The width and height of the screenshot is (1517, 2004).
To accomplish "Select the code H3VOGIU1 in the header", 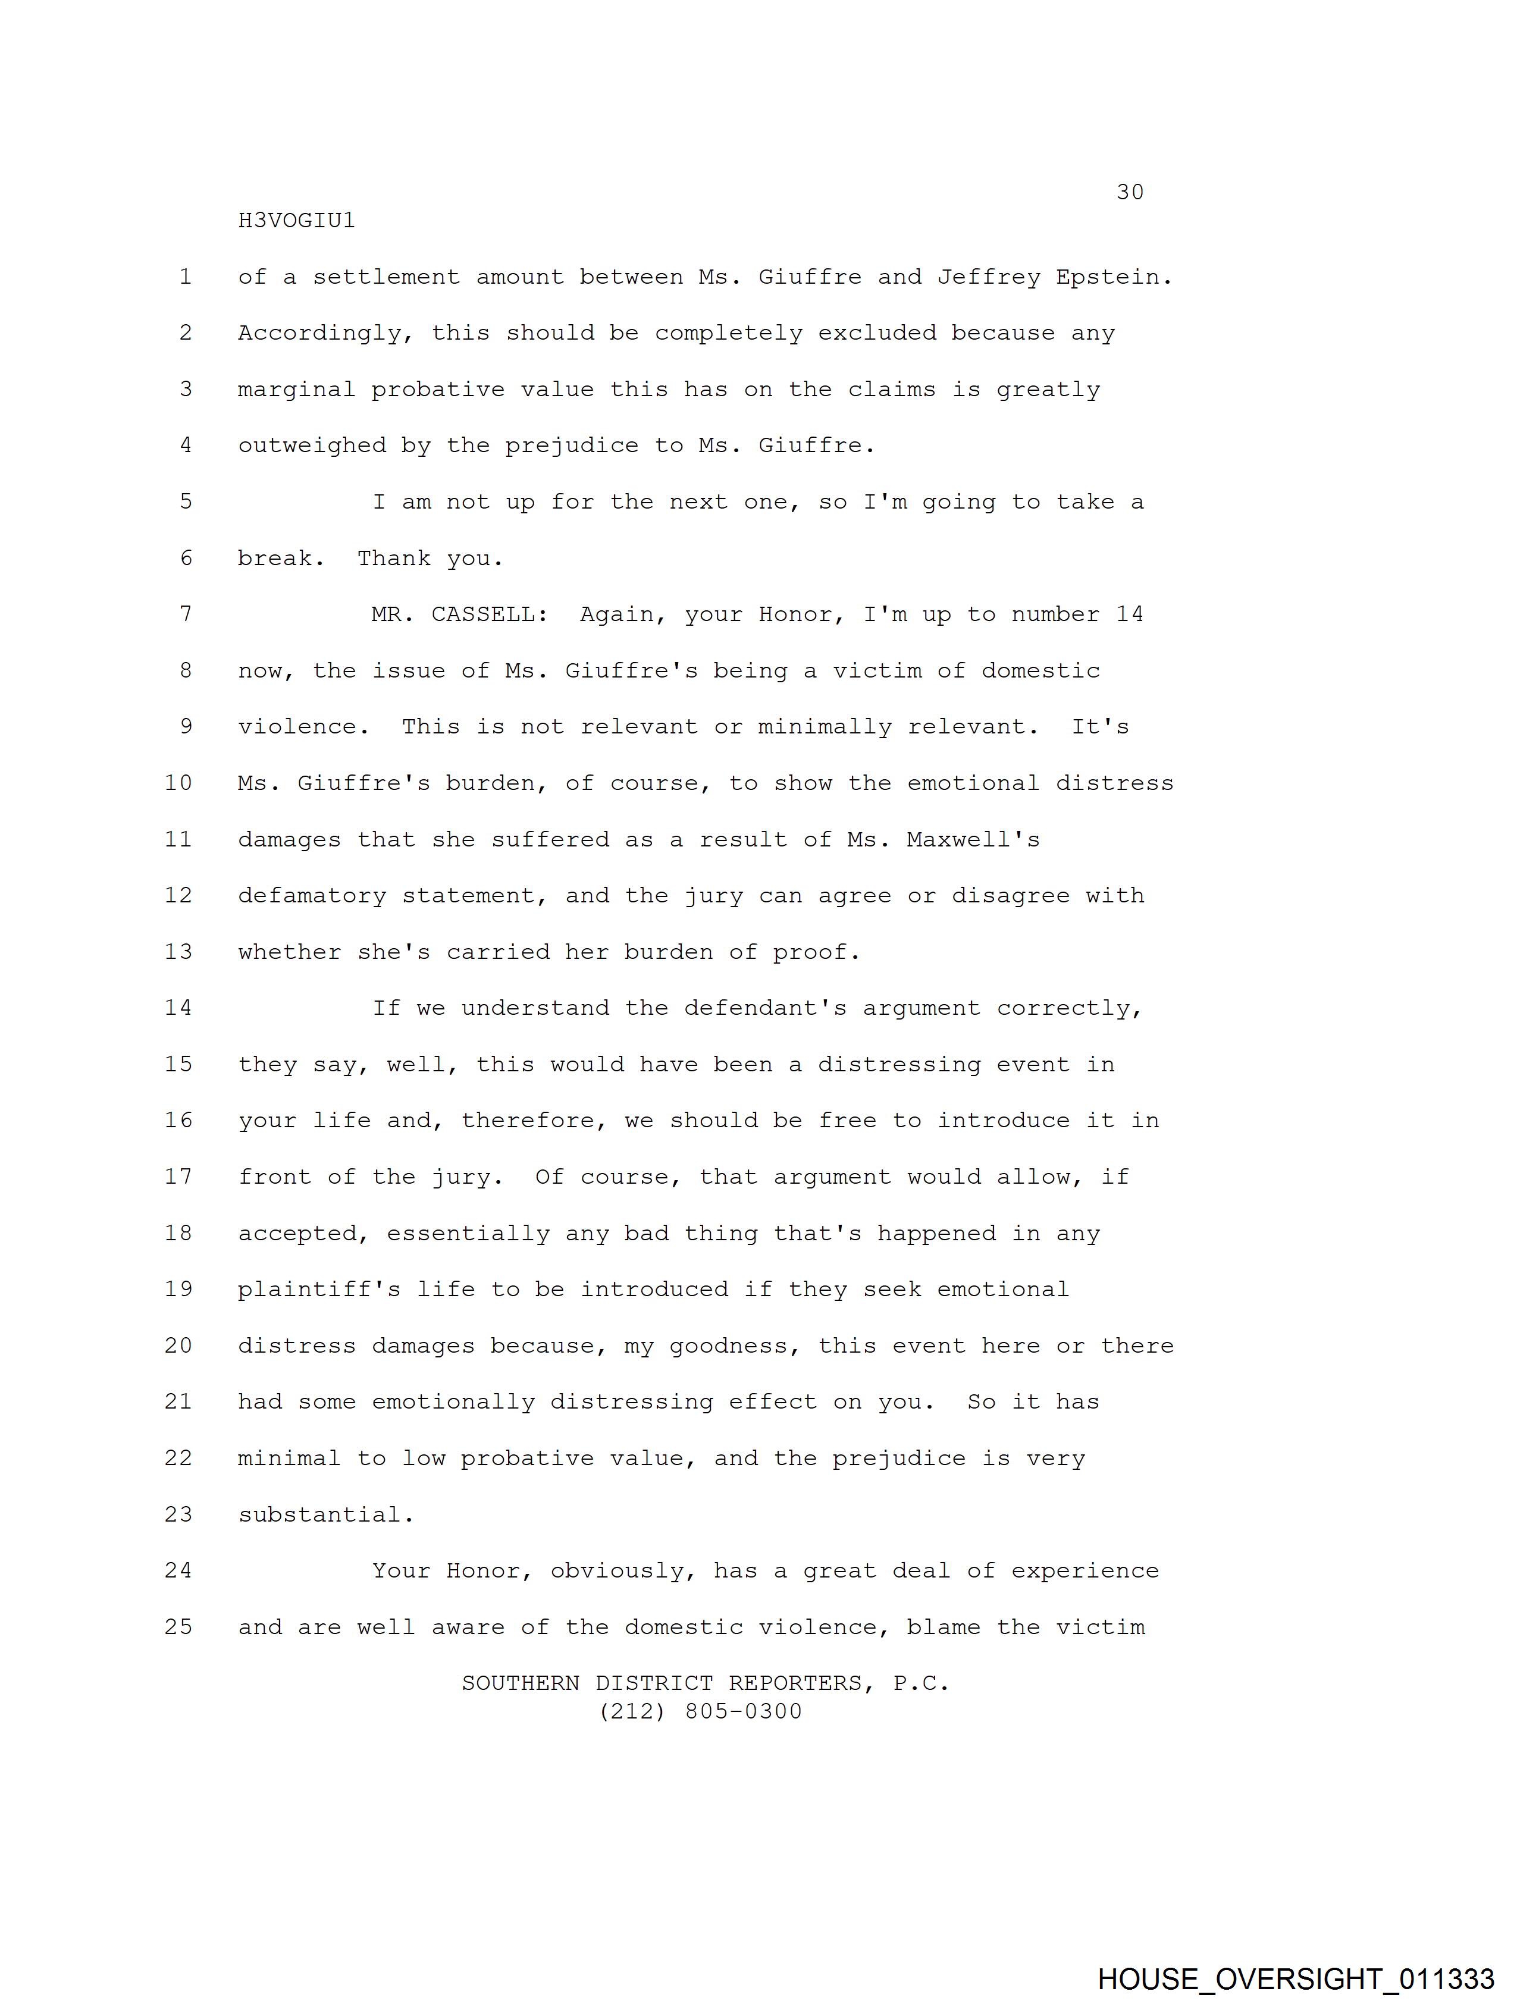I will point(296,221).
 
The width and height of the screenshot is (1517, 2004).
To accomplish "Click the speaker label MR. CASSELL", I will point(459,614).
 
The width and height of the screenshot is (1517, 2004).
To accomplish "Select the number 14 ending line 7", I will point(1129,614).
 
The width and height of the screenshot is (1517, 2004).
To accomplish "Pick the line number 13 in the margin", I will point(178,952).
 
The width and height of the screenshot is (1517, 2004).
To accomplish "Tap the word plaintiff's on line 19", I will point(319,1289).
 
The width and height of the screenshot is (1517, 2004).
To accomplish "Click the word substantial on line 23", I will point(325,1515).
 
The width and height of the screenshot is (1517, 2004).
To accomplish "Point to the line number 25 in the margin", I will point(178,1627).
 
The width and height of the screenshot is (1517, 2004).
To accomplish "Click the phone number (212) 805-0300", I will point(701,1711).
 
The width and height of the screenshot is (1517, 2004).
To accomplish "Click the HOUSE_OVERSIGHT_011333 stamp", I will point(1296,1978).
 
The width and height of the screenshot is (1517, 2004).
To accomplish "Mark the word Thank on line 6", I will point(393,558).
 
